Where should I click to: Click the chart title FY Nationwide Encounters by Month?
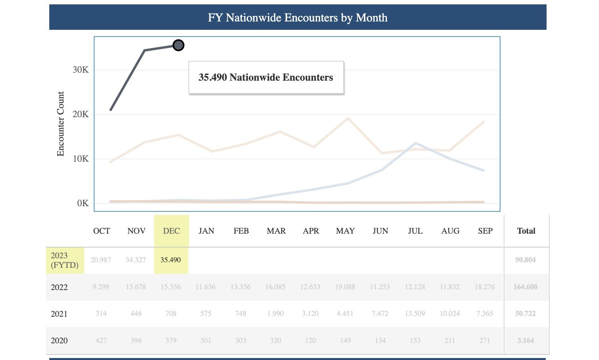tap(298, 17)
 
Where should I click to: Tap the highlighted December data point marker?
tap(179, 45)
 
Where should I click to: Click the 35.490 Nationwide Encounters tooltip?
tap(266, 77)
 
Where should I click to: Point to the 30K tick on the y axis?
tap(81, 70)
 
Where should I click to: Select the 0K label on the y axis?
tap(83, 203)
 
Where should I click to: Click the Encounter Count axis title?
tap(60, 124)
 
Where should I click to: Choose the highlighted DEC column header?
tap(172, 231)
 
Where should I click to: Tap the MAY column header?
tap(345, 231)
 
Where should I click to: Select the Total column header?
tap(526, 231)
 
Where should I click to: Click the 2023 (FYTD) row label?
tap(65, 260)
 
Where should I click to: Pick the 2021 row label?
tap(59, 314)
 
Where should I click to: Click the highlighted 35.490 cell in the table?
tap(171, 260)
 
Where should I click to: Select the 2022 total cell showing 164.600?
tap(525, 287)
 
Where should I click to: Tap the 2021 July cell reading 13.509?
tap(415, 314)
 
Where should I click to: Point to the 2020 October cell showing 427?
tap(101, 341)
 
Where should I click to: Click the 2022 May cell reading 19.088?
tap(345, 287)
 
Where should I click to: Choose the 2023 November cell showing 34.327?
tap(136, 260)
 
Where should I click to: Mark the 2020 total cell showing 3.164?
tap(525, 341)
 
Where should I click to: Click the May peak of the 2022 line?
tap(348, 118)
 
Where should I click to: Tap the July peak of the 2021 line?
tap(415, 143)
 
